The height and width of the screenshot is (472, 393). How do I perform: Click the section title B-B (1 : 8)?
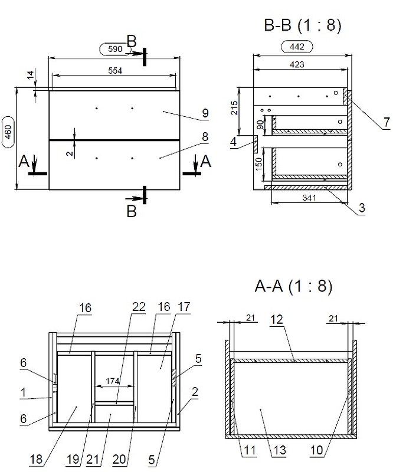click(302, 25)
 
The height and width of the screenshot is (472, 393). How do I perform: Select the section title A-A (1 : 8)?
click(293, 287)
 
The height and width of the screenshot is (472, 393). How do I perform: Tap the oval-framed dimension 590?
click(116, 50)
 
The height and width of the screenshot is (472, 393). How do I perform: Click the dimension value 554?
click(115, 70)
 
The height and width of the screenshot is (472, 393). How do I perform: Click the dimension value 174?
click(114, 382)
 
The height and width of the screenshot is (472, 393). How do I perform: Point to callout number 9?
click(205, 112)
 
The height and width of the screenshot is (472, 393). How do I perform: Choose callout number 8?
click(205, 137)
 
